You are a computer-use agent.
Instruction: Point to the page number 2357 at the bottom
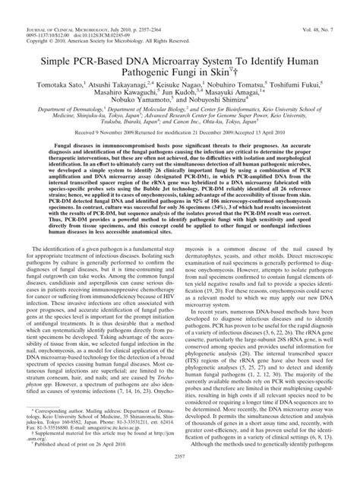(180, 475)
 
